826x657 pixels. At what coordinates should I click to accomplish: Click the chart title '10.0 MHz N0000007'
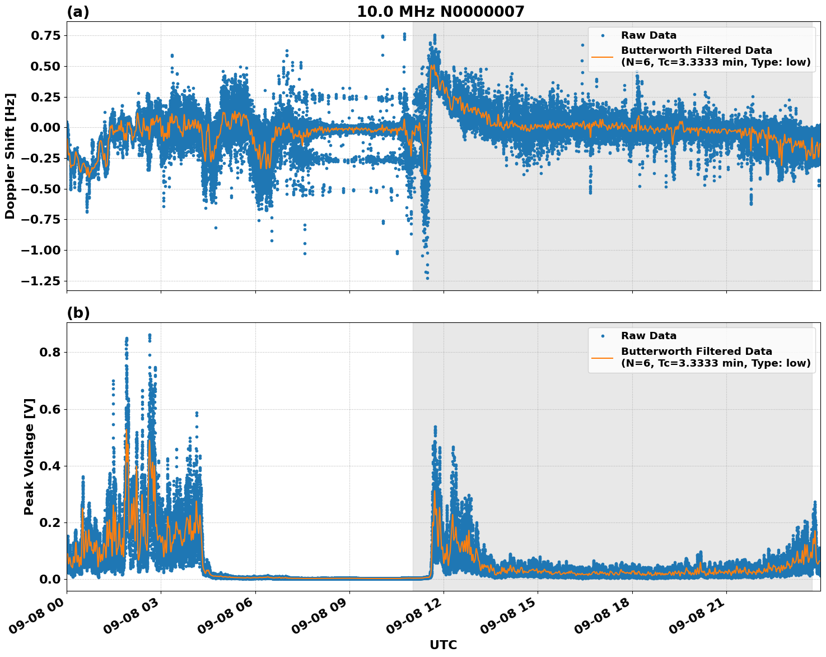(441, 12)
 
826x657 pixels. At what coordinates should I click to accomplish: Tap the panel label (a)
(78, 12)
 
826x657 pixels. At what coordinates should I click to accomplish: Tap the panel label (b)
(78, 313)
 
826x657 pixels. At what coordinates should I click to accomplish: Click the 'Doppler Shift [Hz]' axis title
(10, 156)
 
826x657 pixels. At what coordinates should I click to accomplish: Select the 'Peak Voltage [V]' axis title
(29, 456)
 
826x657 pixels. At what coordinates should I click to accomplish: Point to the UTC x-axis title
(443, 645)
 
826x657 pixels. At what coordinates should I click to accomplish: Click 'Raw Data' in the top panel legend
(648, 35)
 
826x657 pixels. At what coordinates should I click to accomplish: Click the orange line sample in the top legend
(603, 57)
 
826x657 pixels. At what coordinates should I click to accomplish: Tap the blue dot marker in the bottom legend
(603, 336)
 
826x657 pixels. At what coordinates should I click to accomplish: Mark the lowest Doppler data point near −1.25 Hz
(427, 278)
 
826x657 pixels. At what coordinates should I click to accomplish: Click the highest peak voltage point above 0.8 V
(150, 335)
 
